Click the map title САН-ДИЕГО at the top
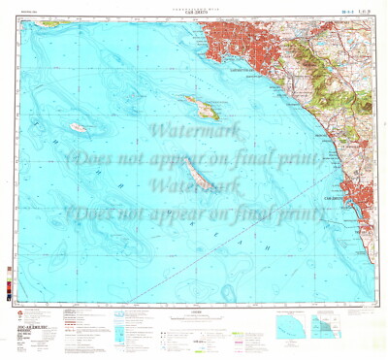[x=194, y=10]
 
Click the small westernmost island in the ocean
[x=79, y=127]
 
